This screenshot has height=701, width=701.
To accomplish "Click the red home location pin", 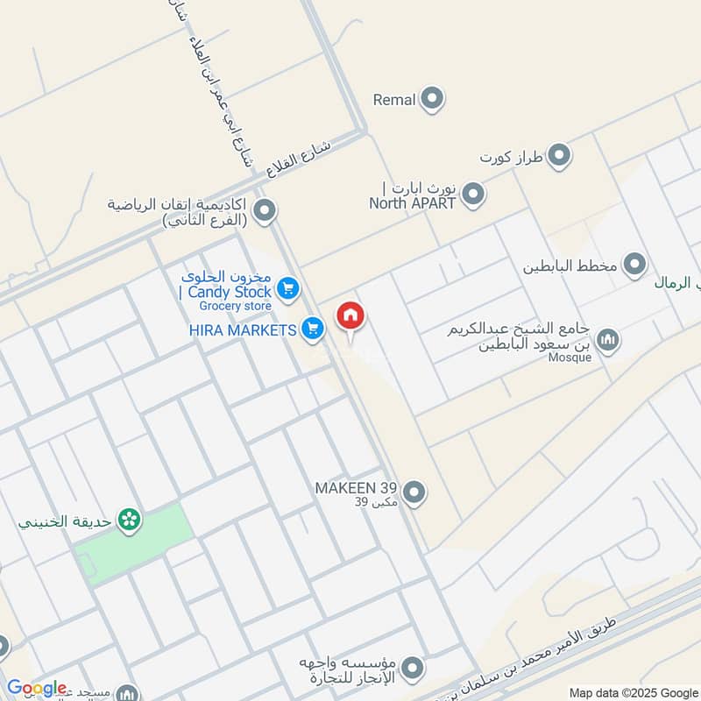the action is [x=350, y=315].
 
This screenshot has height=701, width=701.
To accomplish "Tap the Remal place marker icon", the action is [x=431, y=100].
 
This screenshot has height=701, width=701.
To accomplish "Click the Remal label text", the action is [x=394, y=100].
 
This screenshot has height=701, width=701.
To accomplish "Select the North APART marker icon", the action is [x=473, y=195].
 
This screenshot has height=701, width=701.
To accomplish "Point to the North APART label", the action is [x=413, y=202].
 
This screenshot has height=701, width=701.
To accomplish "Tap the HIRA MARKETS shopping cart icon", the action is [x=312, y=329].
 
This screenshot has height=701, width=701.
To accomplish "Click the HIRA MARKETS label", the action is [x=243, y=329].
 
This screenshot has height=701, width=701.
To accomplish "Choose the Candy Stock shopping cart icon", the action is [x=287, y=287].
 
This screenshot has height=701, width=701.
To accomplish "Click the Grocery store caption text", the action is [x=235, y=306].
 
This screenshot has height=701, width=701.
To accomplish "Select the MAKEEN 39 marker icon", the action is [x=415, y=492].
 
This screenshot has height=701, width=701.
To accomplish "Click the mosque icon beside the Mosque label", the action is [x=606, y=340].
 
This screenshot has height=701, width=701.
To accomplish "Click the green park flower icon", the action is [x=130, y=520].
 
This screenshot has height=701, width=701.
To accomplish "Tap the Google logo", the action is [x=37, y=688].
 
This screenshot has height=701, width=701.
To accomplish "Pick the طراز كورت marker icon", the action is [x=559, y=158].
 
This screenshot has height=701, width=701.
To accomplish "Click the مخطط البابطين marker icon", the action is [x=634, y=264].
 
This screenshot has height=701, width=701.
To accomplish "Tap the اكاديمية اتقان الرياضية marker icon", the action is [x=265, y=210].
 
